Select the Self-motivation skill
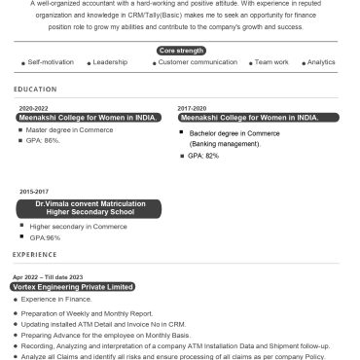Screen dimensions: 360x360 pyautogui.click(x=50, y=61)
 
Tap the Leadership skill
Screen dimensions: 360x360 pyautogui.click(x=110, y=61)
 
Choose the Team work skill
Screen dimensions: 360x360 pyautogui.click(x=270, y=61)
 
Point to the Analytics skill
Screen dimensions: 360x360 pyautogui.click(x=321, y=61)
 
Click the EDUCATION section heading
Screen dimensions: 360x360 pyautogui.click(x=35, y=89)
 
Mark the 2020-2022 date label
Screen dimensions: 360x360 pyautogui.click(x=34, y=108)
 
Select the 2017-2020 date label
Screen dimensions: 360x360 pyautogui.click(x=192, y=108)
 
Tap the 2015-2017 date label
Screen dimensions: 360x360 pyautogui.click(x=34, y=192)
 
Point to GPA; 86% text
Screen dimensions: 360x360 pyautogui.click(x=44, y=140)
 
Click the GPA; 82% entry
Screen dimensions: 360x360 pyautogui.click(x=204, y=155)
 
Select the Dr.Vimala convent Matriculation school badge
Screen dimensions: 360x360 pyautogui.click(x=89, y=207)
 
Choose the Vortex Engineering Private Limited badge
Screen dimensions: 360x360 pyautogui.click(x=73, y=287)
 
